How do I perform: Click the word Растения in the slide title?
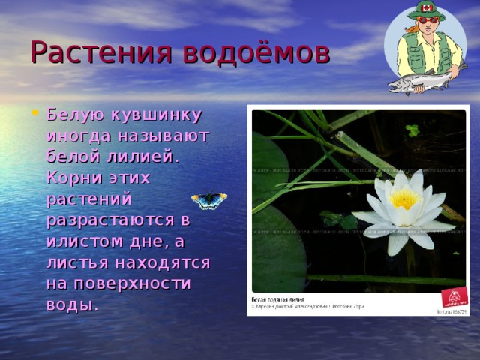88,52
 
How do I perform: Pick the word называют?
169,137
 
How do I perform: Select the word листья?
79,263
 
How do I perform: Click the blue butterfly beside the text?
209,200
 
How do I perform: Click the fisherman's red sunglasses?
428,20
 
